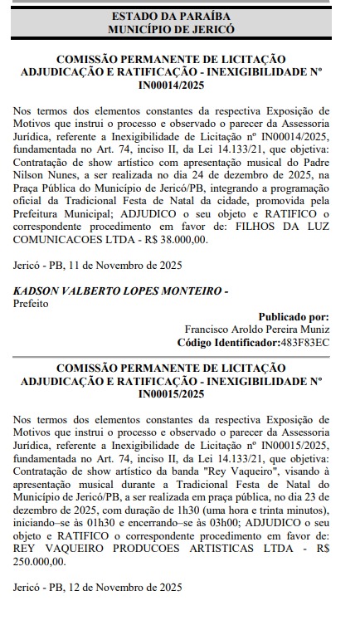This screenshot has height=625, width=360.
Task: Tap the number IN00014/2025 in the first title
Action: coord(171,85)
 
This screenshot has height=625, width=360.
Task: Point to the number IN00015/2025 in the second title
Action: coord(171,393)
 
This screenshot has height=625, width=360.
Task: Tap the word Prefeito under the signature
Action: coord(31,304)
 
